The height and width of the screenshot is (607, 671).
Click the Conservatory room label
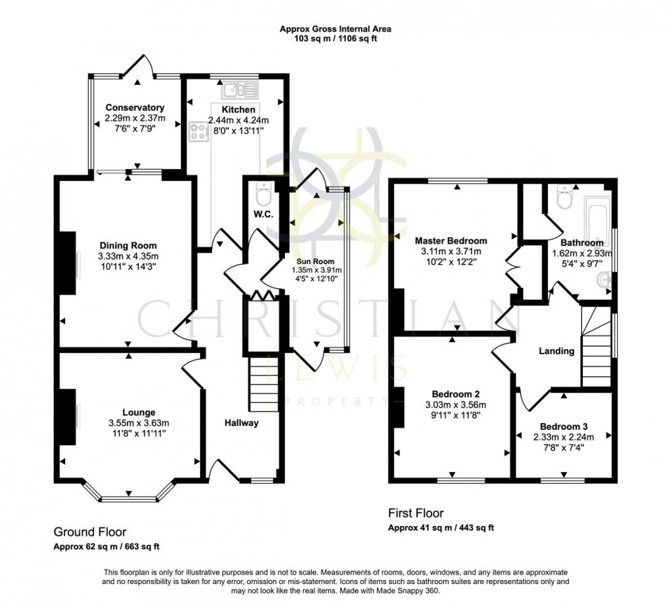click(x=135, y=108)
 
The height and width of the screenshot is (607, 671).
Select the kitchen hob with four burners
click(x=197, y=132)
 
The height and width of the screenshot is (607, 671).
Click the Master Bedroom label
click(x=451, y=240)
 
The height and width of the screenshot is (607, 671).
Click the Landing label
click(x=557, y=351)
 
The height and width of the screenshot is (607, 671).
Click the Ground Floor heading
click(x=89, y=532)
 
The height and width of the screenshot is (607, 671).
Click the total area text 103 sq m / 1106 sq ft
click(x=335, y=39)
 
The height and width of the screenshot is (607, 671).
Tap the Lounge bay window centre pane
click(x=128, y=499)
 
